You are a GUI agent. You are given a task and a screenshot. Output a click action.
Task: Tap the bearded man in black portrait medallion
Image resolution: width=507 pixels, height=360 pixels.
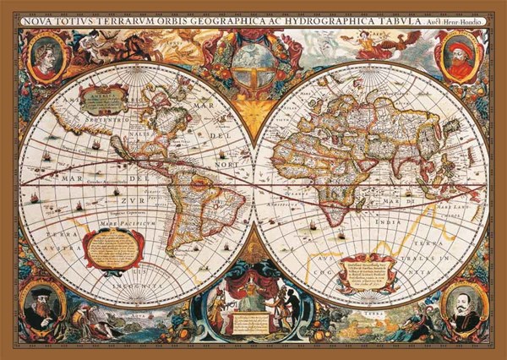pyautogui.click(x=40, y=307)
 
